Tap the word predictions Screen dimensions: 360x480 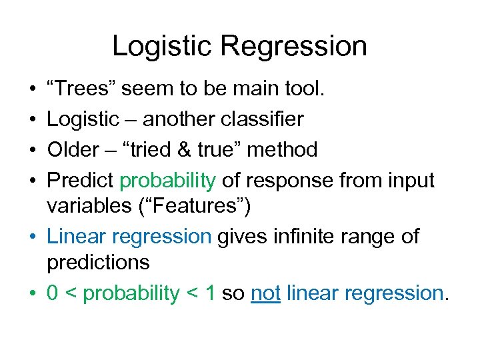click(x=98, y=263)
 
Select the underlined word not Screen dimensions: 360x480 click(x=265, y=293)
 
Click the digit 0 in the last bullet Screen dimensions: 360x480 click(x=53, y=293)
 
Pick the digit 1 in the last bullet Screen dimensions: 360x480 click(x=209, y=293)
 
